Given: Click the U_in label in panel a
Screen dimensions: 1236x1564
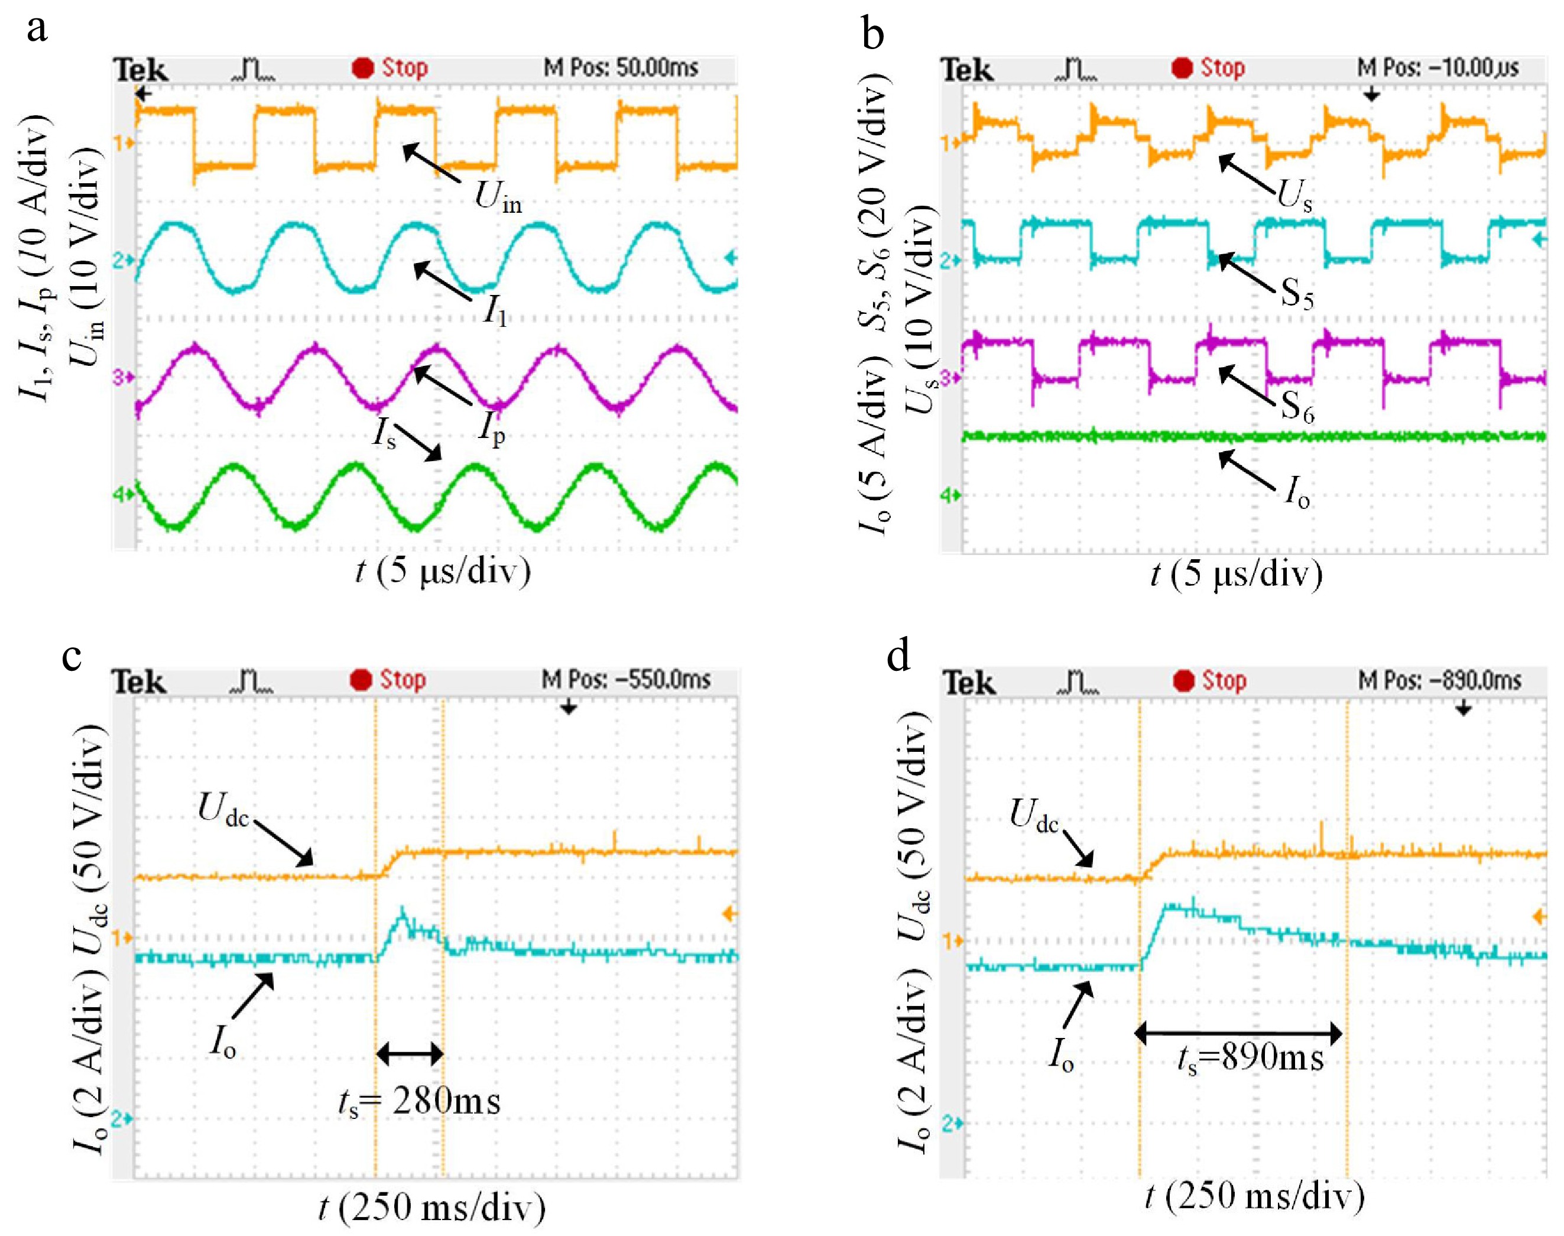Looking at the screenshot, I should pos(498,196).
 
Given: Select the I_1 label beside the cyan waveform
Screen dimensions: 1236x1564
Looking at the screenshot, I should pos(495,313).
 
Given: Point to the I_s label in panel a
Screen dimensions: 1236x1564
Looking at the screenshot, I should pos(384,434).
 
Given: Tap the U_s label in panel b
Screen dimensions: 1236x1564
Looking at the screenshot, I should pos(1294,194).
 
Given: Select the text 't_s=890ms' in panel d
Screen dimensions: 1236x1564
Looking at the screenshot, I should pos(1250,1058).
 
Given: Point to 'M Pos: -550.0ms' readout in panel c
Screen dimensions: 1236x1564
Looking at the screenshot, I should pos(626,680).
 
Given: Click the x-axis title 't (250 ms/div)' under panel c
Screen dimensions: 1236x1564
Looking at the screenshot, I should pos(432,1207).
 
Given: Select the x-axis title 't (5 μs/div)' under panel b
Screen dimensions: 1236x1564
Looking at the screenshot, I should pos(1236,574).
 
